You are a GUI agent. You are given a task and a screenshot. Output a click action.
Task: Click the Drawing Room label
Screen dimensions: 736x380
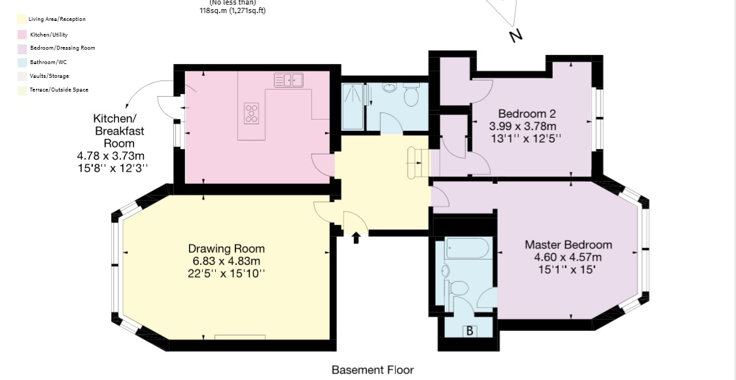click(x=226, y=249)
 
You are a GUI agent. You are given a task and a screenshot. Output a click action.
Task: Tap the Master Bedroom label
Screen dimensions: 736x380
click(x=569, y=245)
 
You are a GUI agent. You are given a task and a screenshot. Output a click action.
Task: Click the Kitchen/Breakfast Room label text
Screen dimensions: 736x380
click(x=119, y=131)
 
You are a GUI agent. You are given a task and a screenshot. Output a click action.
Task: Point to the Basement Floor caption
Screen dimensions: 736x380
click(x=373, y=370)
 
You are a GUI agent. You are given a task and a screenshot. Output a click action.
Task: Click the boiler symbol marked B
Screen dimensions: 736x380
click(x=469, y=331)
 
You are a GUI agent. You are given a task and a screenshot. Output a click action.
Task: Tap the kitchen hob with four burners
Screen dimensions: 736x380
click(x=252, y=113)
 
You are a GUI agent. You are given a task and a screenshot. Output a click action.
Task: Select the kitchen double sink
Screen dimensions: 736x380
click(x=289, y=80)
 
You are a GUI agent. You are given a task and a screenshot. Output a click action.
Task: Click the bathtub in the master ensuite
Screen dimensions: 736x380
click(x=469, y=248)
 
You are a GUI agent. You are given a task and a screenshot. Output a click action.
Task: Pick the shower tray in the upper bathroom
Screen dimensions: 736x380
click(x=353, y=107)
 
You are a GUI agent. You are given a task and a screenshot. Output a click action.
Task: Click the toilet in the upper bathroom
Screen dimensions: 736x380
click(x=412, y=94)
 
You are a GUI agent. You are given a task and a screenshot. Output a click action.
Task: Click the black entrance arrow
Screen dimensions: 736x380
click(x=356, y=238)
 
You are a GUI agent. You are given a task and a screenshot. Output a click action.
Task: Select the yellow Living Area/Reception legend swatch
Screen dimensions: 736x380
click(x=22, y=19)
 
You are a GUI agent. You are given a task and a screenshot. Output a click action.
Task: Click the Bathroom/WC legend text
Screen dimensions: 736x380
click(x=49, y=62)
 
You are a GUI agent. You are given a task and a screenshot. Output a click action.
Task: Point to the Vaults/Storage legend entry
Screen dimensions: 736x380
click(x=49, y=76)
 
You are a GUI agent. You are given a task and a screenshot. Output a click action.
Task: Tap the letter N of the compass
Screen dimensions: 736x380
click(x=516, y=36)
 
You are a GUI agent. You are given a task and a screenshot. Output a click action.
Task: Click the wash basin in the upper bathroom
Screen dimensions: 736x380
click(x=389, y=87)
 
